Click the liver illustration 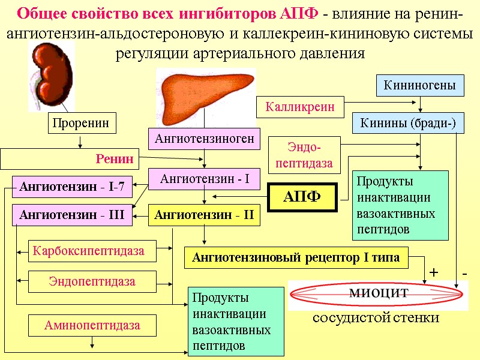204,94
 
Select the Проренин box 81,124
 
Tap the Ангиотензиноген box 205,139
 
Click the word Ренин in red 114,160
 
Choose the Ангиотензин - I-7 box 72,187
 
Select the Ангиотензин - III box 72,215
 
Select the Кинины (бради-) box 408,124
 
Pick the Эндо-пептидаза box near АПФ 304,155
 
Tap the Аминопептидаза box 92,326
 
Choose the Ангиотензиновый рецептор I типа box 296,258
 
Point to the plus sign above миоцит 434,274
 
